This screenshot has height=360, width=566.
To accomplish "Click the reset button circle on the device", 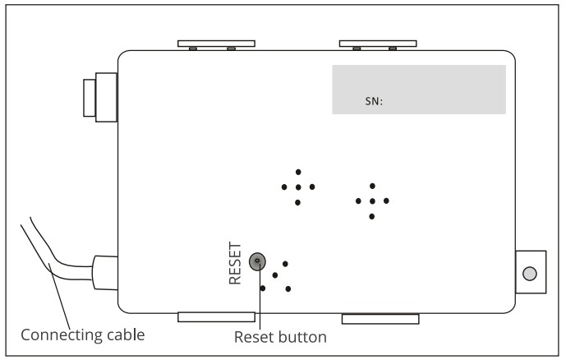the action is pos(257,261).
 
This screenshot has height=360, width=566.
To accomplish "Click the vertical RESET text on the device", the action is pos(235,263).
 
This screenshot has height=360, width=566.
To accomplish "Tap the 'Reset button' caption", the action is pos(280,337).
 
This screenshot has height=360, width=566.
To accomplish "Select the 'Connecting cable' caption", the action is pos(83,335).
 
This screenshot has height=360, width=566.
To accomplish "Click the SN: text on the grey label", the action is pos(374,101).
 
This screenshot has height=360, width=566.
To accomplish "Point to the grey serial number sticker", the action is pos(419,90).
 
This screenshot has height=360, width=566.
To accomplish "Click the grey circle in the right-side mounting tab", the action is pos(530,274).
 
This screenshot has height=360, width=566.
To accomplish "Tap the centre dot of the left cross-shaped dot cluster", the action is pos(298,187).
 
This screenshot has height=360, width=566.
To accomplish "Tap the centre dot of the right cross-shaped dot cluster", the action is pos(372,201).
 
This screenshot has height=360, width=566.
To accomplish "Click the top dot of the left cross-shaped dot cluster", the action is pos(298,172).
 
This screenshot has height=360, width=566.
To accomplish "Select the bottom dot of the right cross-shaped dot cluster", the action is pos(372,216).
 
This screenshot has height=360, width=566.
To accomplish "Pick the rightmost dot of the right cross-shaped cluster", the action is pos(386,201).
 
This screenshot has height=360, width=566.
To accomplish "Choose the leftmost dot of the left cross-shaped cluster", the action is pos(284,187).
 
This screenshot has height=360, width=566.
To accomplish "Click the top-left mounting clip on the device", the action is pos(216,44).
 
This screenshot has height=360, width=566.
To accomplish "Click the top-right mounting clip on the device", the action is pos(378,44).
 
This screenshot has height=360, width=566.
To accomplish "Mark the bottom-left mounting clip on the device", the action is pos(216,317).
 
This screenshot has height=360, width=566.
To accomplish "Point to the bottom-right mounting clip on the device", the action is pos(380,319).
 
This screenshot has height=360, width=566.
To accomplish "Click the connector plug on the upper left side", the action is pos(100,98).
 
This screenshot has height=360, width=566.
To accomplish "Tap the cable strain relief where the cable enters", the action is pos(105,273).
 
